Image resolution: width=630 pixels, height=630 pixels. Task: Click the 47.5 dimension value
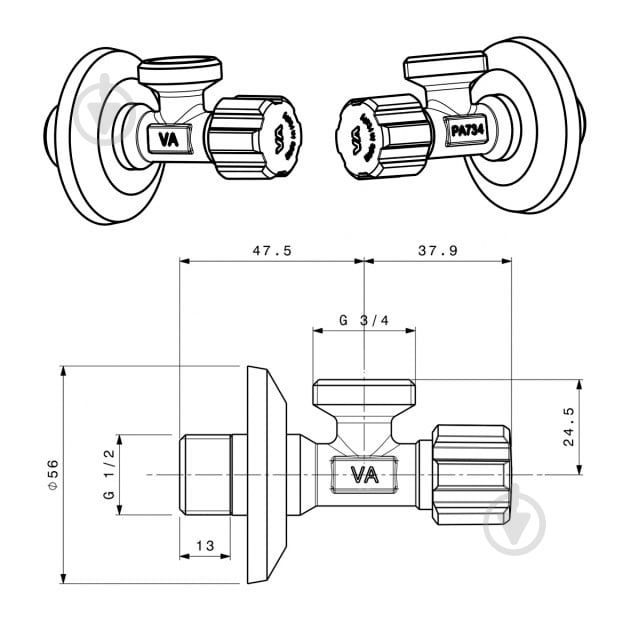(270, 251)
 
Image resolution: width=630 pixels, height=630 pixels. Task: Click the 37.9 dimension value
(437, 251)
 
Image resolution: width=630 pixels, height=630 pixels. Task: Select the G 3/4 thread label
(363, 321)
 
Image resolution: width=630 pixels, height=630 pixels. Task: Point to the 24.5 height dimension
(569, 426)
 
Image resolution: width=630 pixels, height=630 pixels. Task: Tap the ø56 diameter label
(53, 474)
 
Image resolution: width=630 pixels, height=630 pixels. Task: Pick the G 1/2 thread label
(109, 474)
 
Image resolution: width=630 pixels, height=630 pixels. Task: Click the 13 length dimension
(205, 545)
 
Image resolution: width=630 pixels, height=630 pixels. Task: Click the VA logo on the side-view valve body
(364, 474)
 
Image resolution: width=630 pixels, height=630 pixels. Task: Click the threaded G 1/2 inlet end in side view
(205, 474)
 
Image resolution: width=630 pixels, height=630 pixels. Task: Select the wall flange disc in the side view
(266, 474)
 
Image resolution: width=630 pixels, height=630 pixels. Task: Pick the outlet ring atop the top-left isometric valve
(180, 70)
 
